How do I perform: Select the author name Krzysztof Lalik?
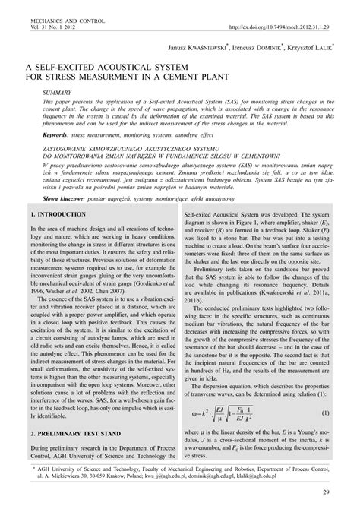click(306, 47)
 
